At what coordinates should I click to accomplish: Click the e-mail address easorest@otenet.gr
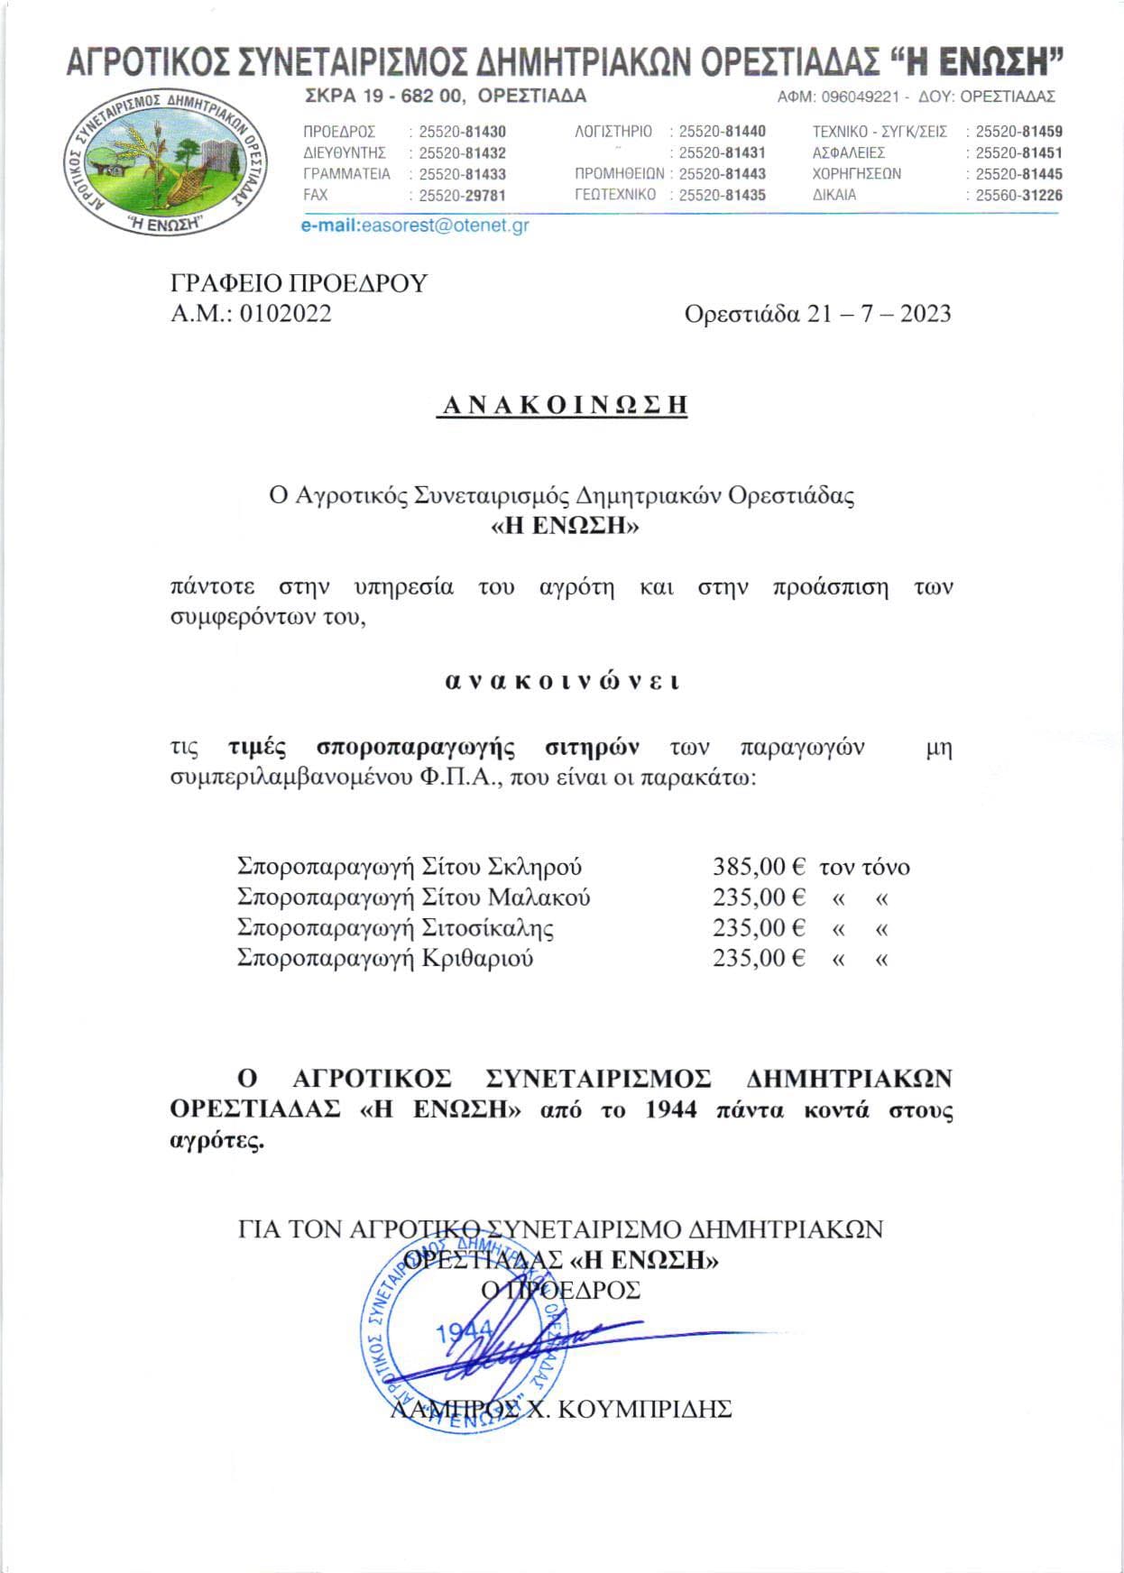[x=444, y=226]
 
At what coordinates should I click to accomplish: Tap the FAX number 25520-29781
[x=462, y=196]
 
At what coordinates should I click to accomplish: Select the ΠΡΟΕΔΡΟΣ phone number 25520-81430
[x=462, y=132]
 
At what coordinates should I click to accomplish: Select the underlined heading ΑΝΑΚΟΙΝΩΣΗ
[x=562, y=405]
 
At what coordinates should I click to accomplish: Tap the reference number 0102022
[x=284, y=313]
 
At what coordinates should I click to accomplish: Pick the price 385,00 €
[x=759, y=867]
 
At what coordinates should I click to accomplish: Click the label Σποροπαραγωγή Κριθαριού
[x=385, y=958]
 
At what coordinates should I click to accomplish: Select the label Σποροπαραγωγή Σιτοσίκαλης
[x=395, y=927]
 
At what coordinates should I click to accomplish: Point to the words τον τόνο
[x=864, y=867]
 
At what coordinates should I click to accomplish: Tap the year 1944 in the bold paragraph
[x=672, y=1108]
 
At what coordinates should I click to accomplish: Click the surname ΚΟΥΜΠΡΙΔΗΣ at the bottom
[x=645, y=1409]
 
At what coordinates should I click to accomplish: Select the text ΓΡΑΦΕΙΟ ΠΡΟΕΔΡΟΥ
[x=299, y=283]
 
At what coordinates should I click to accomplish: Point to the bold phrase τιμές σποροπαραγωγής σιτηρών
[x=434, y=747]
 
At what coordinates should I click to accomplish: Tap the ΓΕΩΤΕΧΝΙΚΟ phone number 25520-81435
[x=722, y=196]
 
